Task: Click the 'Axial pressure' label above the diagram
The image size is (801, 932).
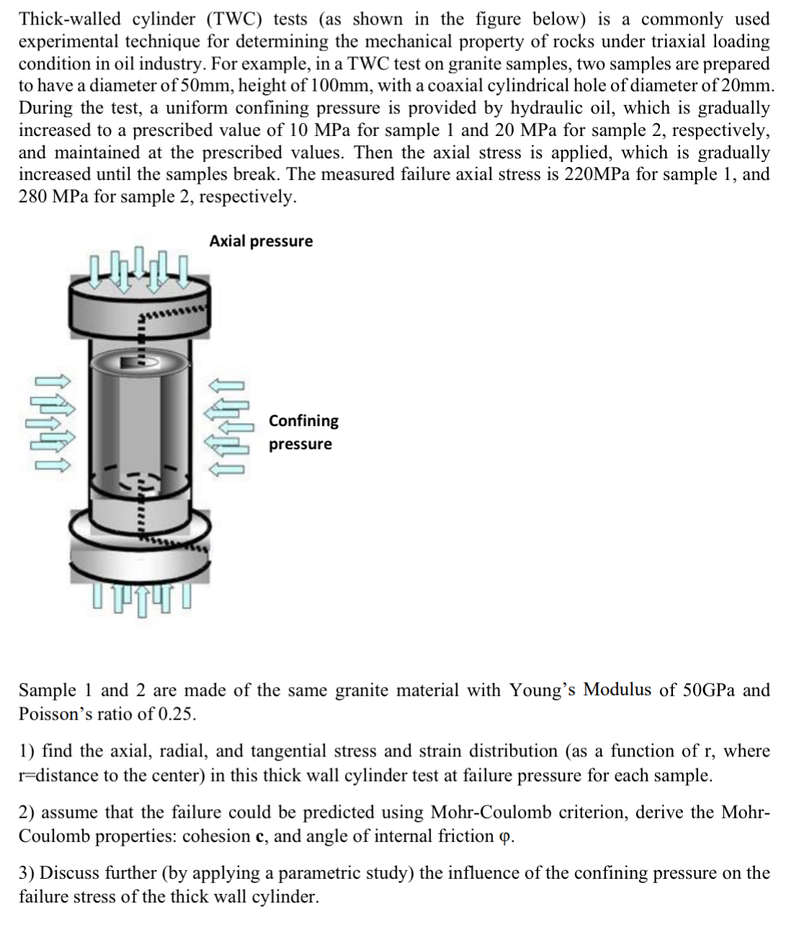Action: (261, 241)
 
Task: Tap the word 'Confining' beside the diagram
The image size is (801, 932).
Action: (303, 420)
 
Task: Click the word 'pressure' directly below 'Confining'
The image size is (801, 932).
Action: (300, 444)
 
